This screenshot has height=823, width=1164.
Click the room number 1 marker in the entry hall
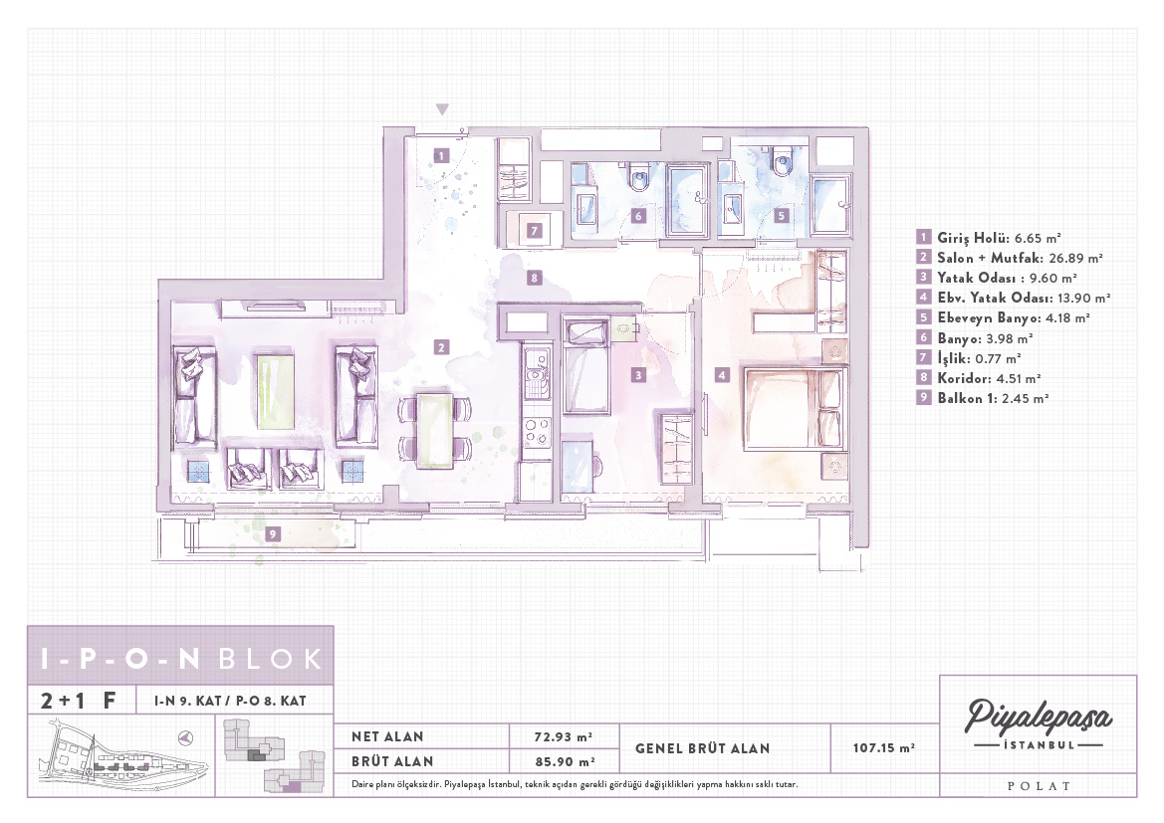[x=441, y=156]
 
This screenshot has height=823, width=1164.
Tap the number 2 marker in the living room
[x=442, y=347]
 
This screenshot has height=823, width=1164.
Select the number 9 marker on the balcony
[x=273, y=534]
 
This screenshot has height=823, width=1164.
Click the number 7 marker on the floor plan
[x=534, y=231]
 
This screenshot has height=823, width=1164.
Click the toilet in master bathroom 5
[x=781, y=161]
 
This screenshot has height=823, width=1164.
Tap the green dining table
[x=434, y=431]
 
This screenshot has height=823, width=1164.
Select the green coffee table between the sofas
[x=275, y=391]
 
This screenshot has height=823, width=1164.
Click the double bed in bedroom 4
[x=795, y=409]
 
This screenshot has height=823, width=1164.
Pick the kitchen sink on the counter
[x=536, y=374]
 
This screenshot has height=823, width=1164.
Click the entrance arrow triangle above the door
[x=442, y=109]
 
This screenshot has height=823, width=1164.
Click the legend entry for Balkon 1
[x=983, y=398]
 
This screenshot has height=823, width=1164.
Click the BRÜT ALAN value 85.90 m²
[x=565, y=761]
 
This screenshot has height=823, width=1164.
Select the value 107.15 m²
[x=883, y=748]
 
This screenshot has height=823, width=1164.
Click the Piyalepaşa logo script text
[x=1038, y=717]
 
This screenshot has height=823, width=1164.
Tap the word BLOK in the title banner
[x=270, y=658]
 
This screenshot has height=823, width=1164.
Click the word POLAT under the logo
[x=1039, y=786]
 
